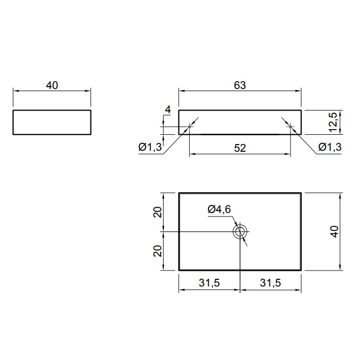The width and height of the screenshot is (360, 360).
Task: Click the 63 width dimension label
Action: click(240, 85)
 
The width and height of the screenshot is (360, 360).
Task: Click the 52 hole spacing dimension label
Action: click(240, 148)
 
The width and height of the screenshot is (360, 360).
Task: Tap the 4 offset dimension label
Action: click(168, 110)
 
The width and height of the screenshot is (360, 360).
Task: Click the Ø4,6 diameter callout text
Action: click(219, 209)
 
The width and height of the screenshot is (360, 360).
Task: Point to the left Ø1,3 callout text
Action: click(150, 147)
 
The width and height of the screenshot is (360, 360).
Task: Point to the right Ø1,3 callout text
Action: click(330, 147)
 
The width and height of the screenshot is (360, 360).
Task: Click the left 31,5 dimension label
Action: click(209, 283)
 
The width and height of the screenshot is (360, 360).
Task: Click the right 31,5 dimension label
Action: click(270, 283)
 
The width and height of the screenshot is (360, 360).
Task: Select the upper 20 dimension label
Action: click(157, 212)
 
